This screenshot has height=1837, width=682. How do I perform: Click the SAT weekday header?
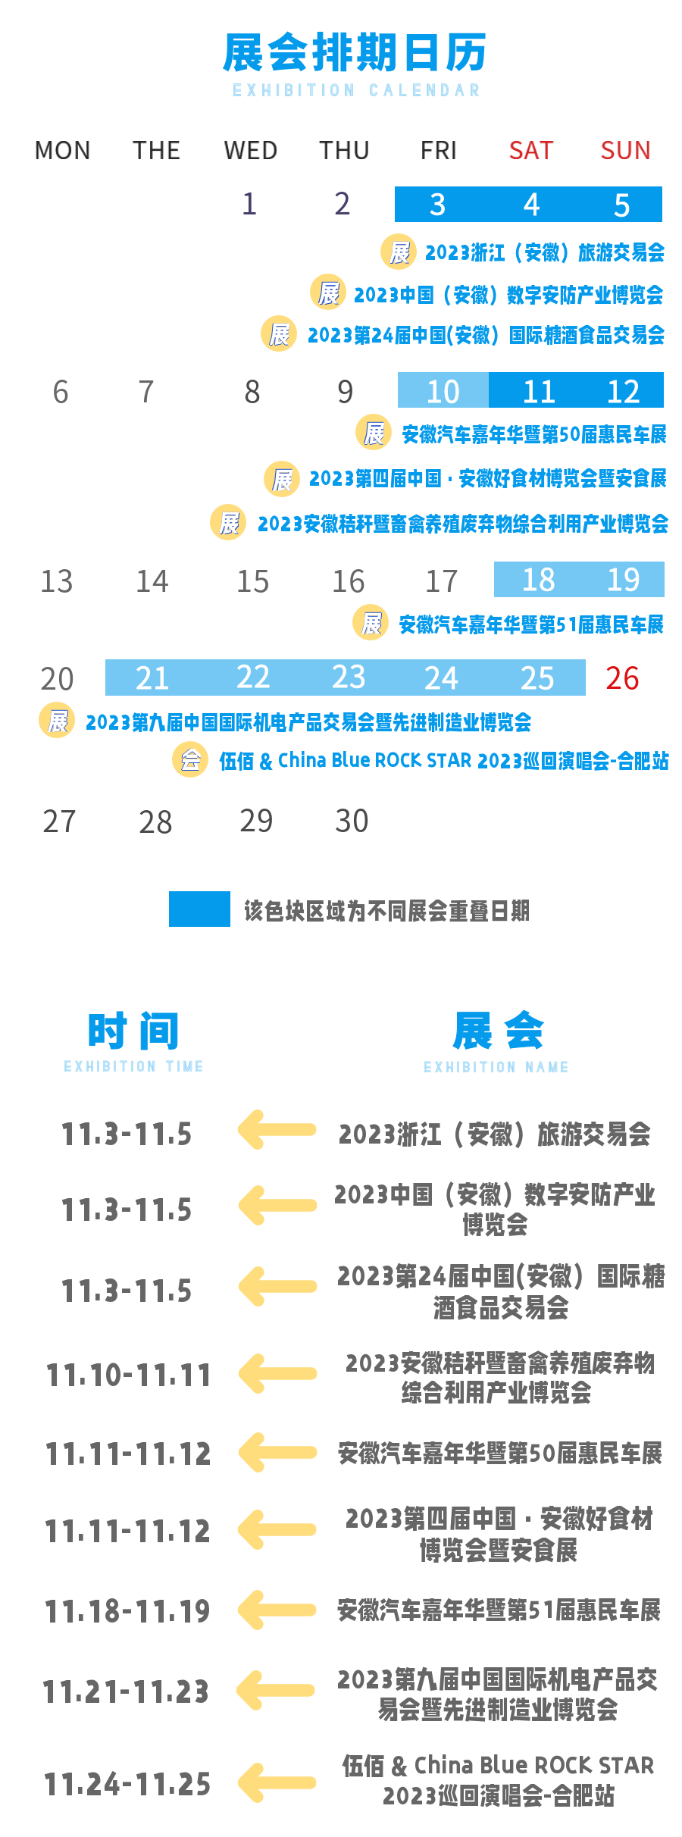[x=531, y=150]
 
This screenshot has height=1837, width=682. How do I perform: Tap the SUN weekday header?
[x=625, y=150]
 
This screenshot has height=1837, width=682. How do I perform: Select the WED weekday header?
[x=250, y=150]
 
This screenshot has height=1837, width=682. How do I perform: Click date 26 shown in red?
[x=622, y=678]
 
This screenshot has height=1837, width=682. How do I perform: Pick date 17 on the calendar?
[x=441, y=581]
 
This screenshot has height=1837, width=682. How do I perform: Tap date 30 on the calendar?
[x=352, y=821]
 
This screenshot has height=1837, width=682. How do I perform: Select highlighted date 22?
[x=253, y=677]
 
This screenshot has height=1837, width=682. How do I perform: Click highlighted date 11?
[x=540, y=391]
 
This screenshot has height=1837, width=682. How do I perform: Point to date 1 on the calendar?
[x=249, y=203]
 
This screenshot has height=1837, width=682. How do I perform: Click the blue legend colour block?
[x=199, y=909]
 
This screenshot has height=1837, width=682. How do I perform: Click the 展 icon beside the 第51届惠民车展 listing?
[x=371, y=623]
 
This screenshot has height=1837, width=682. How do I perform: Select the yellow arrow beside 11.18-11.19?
[x=277, y=1610]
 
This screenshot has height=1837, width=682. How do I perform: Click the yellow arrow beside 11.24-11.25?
[x=277, y=1783]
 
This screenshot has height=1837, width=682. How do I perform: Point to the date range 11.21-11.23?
[x=126, y=1691]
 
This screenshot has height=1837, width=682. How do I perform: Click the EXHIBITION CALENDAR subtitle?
[x=356, y=90]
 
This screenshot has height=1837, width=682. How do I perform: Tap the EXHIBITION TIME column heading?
[x=133, y=1066]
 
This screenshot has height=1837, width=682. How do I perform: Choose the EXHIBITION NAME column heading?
[x=496, y=1067]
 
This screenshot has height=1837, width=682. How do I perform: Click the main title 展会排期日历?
[x=355, y=52]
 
